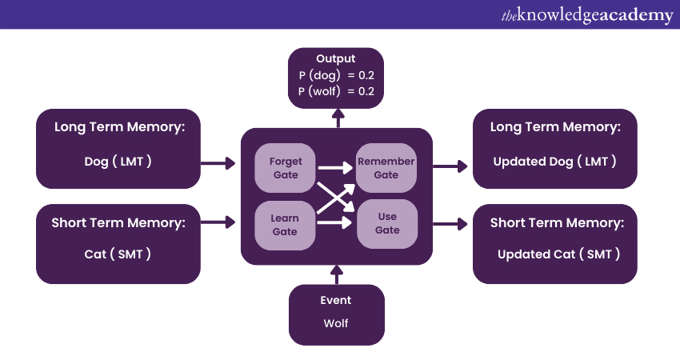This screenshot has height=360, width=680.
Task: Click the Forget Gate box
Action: coord(286,169)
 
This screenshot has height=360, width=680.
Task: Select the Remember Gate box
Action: coord(386,169)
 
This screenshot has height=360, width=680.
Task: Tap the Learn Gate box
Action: coord(284,225)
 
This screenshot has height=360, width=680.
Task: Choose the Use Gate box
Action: coord(386,224)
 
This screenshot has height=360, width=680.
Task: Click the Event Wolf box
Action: coord(336,314)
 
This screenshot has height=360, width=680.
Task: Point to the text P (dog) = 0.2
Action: coord(335,76)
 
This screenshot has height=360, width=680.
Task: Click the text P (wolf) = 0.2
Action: coord(335,91)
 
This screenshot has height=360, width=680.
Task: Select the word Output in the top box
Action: coord(335,59)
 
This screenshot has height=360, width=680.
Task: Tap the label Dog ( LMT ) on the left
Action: coord(118,161)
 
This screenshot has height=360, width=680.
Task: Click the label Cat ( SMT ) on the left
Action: coord(118,254)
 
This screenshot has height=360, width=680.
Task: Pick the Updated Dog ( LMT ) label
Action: coord(554,161)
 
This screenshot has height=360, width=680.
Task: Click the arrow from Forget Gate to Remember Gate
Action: coord(335,168)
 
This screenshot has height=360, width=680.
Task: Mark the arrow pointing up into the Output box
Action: coord(337,118)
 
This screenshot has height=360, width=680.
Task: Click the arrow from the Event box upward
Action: coord(337,274)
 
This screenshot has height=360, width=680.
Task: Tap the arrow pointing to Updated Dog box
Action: coord(450,166)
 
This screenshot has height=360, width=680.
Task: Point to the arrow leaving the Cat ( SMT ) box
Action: coord(218,220)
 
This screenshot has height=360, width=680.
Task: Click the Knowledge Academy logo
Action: coord(587,14)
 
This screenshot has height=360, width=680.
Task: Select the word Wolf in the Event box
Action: coord(336,324)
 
